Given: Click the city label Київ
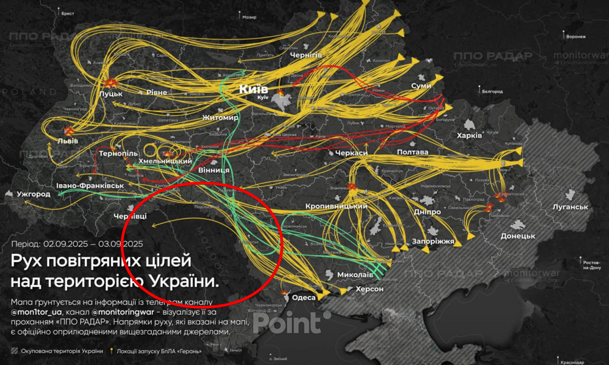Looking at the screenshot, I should (254, 89).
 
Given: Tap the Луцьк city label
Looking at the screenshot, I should (110, 93).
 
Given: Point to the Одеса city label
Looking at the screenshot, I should (304, 298).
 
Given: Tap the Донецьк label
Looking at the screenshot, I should (518, 236).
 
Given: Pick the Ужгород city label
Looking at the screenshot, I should (33, 194).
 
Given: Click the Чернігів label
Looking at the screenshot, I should (306, 55).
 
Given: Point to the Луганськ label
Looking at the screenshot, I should (570, 207).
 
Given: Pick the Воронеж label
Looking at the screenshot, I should (576, 37).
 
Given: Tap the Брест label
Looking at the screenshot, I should (68, 14).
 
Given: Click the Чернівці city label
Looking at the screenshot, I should (130, 217).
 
